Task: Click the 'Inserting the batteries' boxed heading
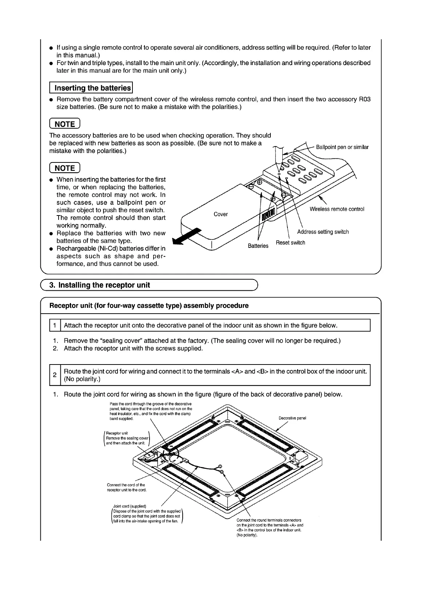point(91,88)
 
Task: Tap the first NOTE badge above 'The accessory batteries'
point(64,124)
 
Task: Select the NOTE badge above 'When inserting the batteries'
point(64,168)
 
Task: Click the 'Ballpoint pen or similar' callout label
point(342,147)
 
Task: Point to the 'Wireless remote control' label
point(337,209)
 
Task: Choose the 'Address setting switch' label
point(323,232)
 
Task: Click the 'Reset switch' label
point(290,243)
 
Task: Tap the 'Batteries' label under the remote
point(258,246)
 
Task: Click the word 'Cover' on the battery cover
point(221,214)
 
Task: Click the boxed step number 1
point(55,326)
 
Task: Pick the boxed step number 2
point(55,375)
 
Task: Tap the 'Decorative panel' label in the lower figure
point(292,418)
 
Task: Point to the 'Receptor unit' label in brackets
point(117,433)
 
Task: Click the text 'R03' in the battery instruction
point(364,99)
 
